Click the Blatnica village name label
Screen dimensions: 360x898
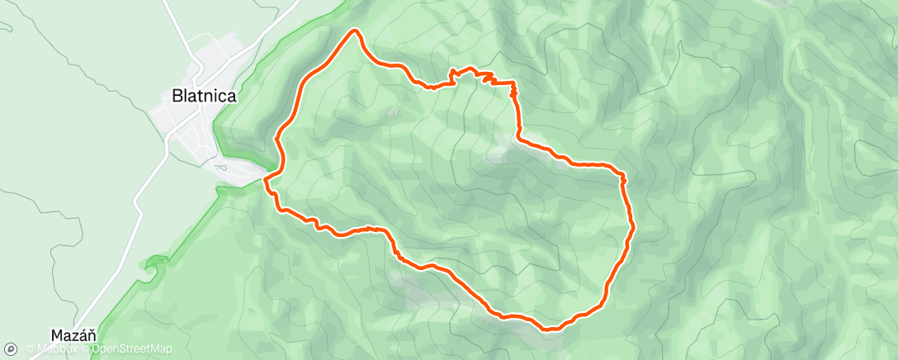coord(204,96)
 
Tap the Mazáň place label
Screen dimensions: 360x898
coord(74,335)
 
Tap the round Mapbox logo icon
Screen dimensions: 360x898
coord(12,348)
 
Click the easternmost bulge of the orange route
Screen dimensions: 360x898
coord(632,225)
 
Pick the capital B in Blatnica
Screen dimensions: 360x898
coord(176,96)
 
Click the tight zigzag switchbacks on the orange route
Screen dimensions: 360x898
coord(483,78)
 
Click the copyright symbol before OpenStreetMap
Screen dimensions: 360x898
coord(86,349)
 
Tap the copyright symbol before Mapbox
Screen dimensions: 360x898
coord(30,349)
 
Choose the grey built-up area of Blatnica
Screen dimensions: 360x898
coord(194,132)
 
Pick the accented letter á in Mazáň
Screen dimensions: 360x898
coord(83,335)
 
